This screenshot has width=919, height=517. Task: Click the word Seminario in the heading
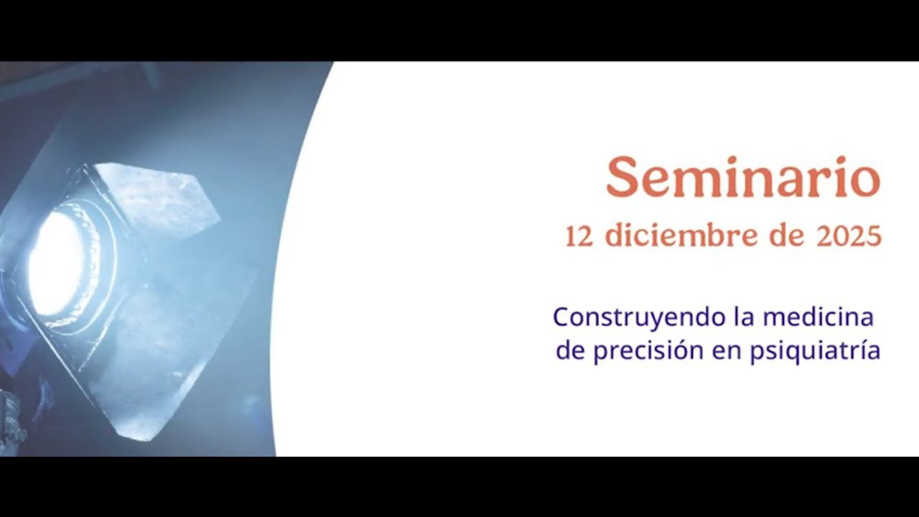tap(743, 177)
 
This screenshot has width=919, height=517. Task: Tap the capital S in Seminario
tap(622, 177)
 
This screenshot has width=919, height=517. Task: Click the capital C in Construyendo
tap(561, 317)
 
